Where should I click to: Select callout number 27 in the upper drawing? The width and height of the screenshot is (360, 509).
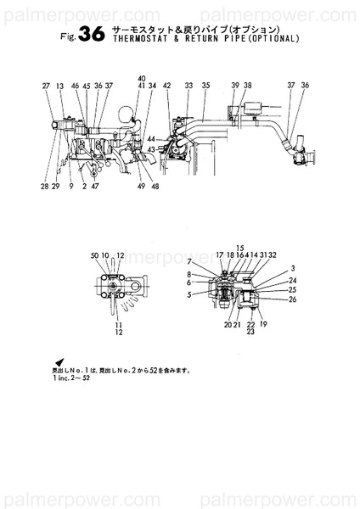point(45,87)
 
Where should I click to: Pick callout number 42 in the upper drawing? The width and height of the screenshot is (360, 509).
point(167,87)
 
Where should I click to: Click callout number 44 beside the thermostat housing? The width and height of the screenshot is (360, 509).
point(151,138)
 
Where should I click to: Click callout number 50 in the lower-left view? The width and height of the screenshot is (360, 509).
point(94,255)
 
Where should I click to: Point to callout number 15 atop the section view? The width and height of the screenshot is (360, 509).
point(240,248)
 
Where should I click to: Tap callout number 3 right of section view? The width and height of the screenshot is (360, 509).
point(292,267)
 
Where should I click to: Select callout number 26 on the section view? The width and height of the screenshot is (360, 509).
point(292,299)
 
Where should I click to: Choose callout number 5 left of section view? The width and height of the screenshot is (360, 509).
point(189,295)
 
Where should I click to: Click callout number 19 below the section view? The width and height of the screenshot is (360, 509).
point(263,325)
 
